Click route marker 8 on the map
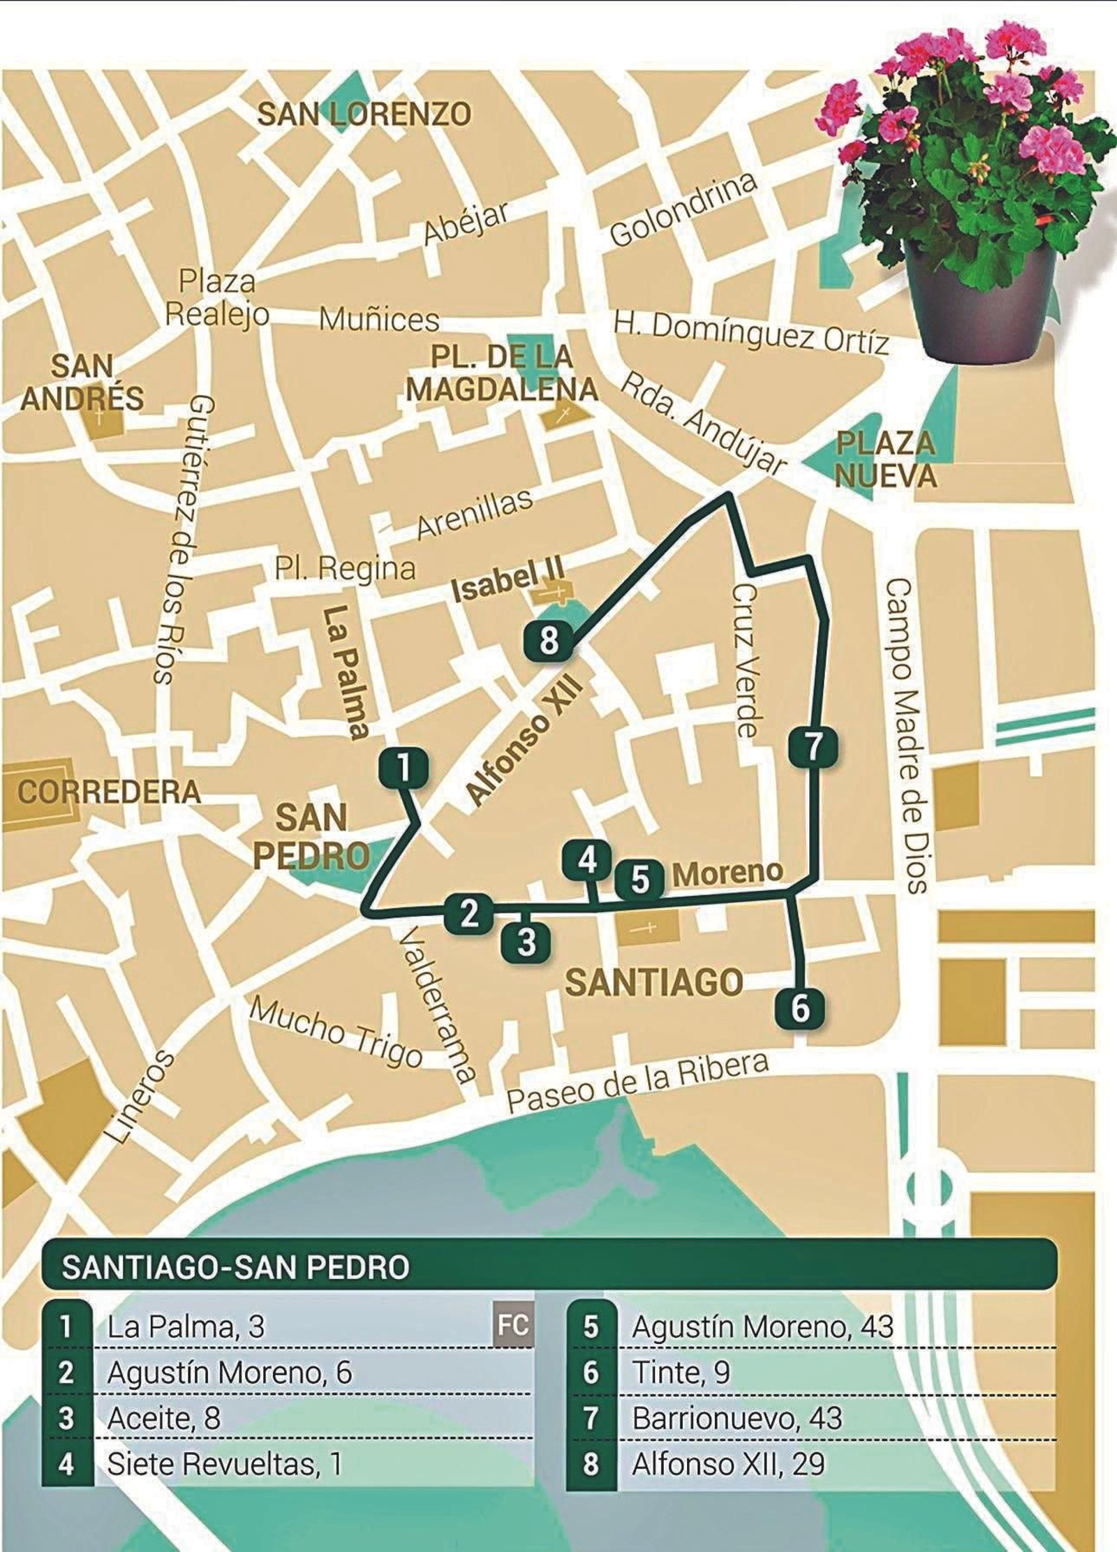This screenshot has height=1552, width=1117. pos(549,641)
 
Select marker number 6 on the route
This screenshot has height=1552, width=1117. pos(800,1009)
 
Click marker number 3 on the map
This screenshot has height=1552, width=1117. pos(526,942)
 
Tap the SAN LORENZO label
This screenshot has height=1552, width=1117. pos(364,114)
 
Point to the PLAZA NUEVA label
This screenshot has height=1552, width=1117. pos(885,460)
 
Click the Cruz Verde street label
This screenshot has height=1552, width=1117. pos(745,660)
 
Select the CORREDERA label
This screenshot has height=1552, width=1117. pos(108,792)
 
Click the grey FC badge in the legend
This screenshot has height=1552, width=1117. pos(512,1325)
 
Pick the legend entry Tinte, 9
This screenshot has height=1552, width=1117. pos(681,1373)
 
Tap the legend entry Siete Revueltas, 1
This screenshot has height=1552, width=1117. pos(223,1464)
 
